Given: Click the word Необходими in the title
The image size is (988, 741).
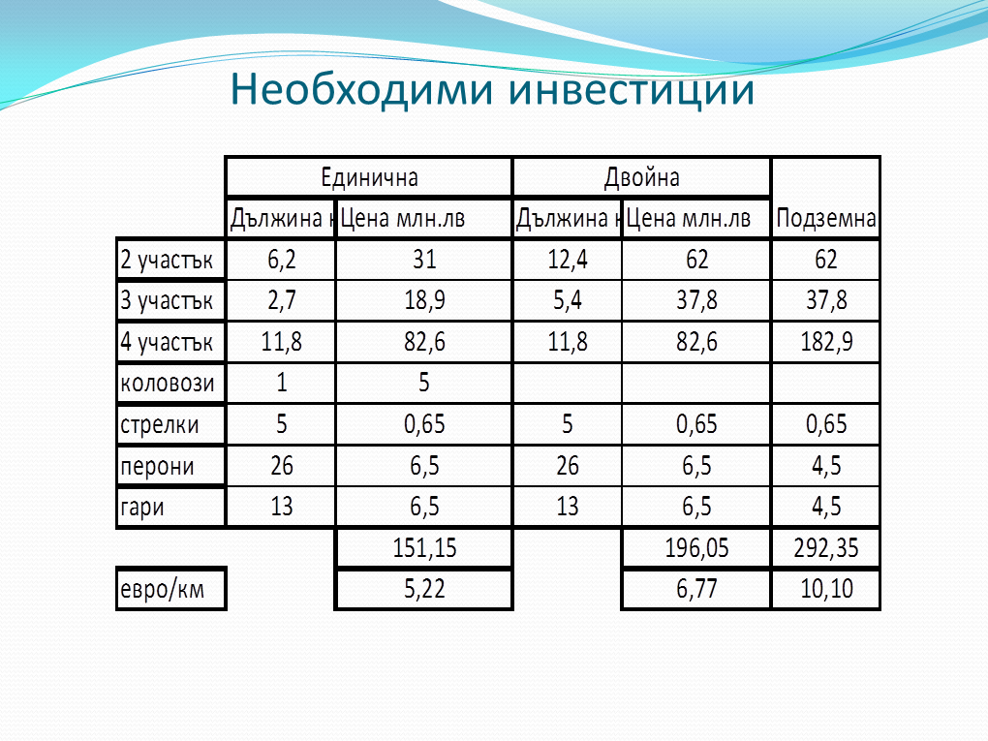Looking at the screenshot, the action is coord(361,89).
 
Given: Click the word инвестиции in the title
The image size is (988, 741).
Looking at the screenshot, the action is coord(632,90).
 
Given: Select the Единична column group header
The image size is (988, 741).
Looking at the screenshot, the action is coord(369,177).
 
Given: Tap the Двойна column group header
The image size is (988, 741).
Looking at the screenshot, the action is coord(641,177).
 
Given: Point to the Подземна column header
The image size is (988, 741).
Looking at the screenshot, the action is coord(826,218).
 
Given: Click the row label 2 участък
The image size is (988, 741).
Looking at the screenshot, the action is coord(167,260).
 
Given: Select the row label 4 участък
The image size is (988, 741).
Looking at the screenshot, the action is coord(167,342).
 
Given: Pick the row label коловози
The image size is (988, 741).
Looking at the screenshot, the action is coord(167,384).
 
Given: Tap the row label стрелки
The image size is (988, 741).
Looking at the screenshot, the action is coord(160,424).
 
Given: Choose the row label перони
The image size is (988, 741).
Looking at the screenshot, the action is coord(157,467).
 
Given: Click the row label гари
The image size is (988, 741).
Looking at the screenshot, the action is coord(141,508).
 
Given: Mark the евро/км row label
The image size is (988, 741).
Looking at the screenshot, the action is coord(162,589).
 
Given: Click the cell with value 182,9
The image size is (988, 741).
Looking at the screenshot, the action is coord(826,342).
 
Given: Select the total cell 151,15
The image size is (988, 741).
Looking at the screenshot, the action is coord(424,547).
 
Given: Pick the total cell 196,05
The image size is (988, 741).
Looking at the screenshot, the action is coord(696,547).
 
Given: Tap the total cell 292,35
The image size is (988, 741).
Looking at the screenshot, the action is coord(826,547).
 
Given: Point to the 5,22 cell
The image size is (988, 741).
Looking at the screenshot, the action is coord(424,589).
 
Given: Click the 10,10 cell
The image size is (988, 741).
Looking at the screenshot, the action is coord(826,589).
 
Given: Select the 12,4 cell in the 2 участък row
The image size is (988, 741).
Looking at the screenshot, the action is coord(567,260).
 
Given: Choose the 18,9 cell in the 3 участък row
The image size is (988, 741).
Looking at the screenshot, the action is coord(424,300).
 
